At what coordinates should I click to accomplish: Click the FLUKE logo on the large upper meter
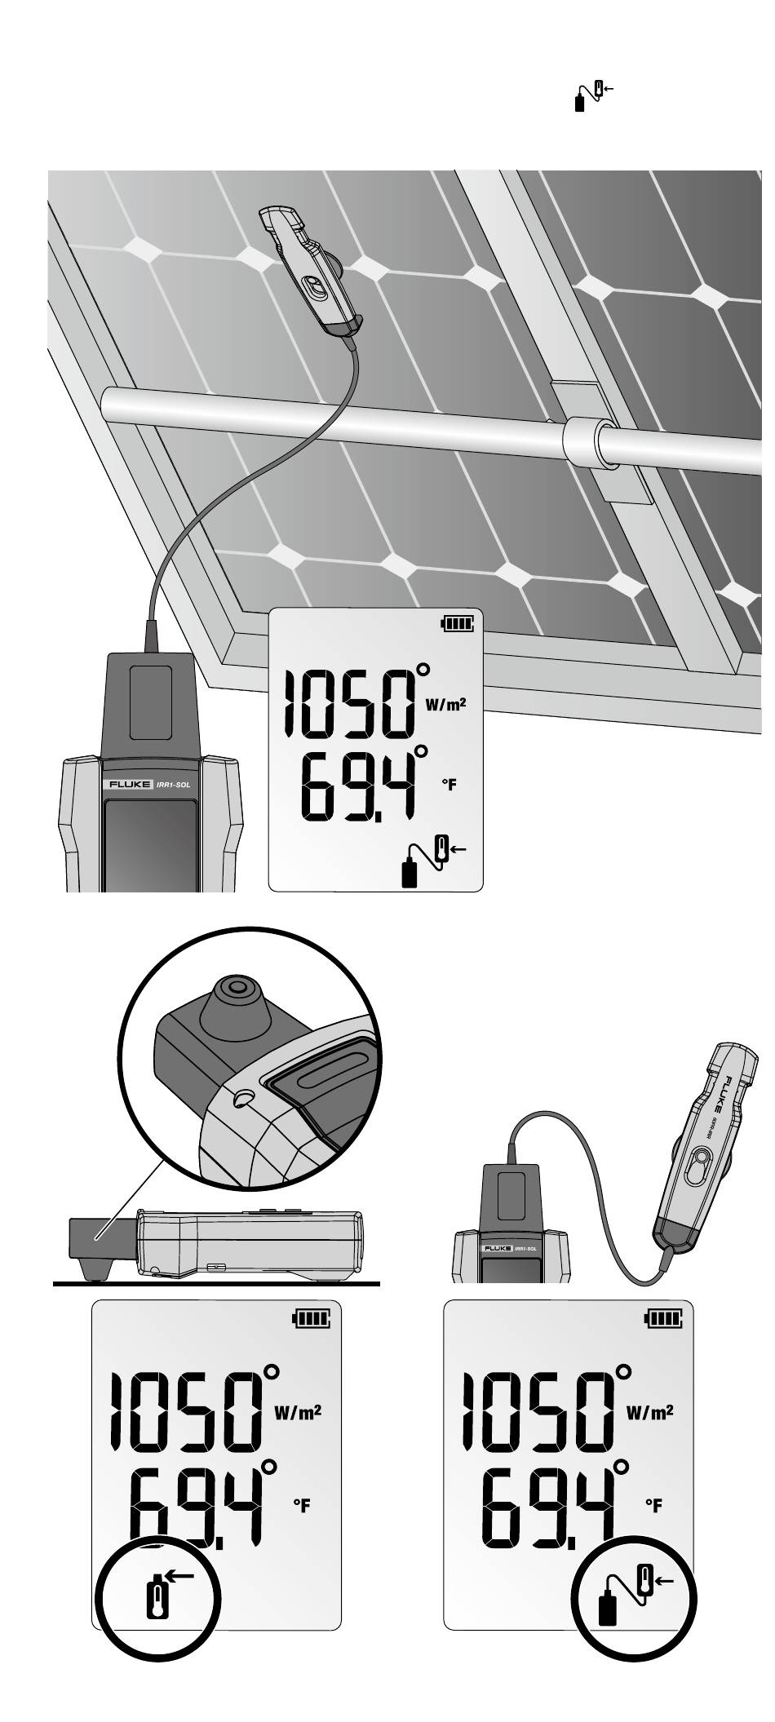126,785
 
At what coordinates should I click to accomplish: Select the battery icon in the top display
457,624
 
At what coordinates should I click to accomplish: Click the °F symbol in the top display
449,785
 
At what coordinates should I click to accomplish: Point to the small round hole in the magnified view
241,1100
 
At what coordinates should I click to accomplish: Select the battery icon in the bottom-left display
314,1317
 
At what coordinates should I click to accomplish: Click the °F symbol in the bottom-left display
302,1505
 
